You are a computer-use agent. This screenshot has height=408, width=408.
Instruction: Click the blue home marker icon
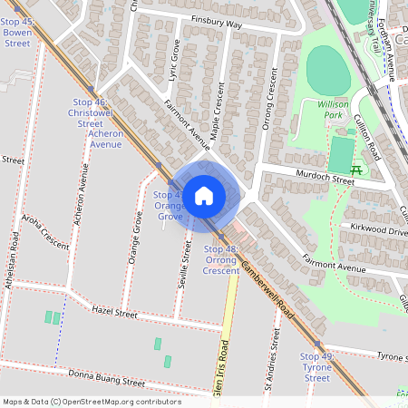click(x=204, y=194)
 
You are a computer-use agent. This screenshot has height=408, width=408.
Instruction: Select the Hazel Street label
click(x=113, y=314)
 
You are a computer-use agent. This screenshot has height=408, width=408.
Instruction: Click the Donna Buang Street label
click(x=106, y=382)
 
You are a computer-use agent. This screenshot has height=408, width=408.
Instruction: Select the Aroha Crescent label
click(x=45, y=245)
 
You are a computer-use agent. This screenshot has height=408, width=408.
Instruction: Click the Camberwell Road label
click(x=268, y=289)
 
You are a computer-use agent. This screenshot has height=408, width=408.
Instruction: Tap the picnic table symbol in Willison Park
click(x=356, y=170)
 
